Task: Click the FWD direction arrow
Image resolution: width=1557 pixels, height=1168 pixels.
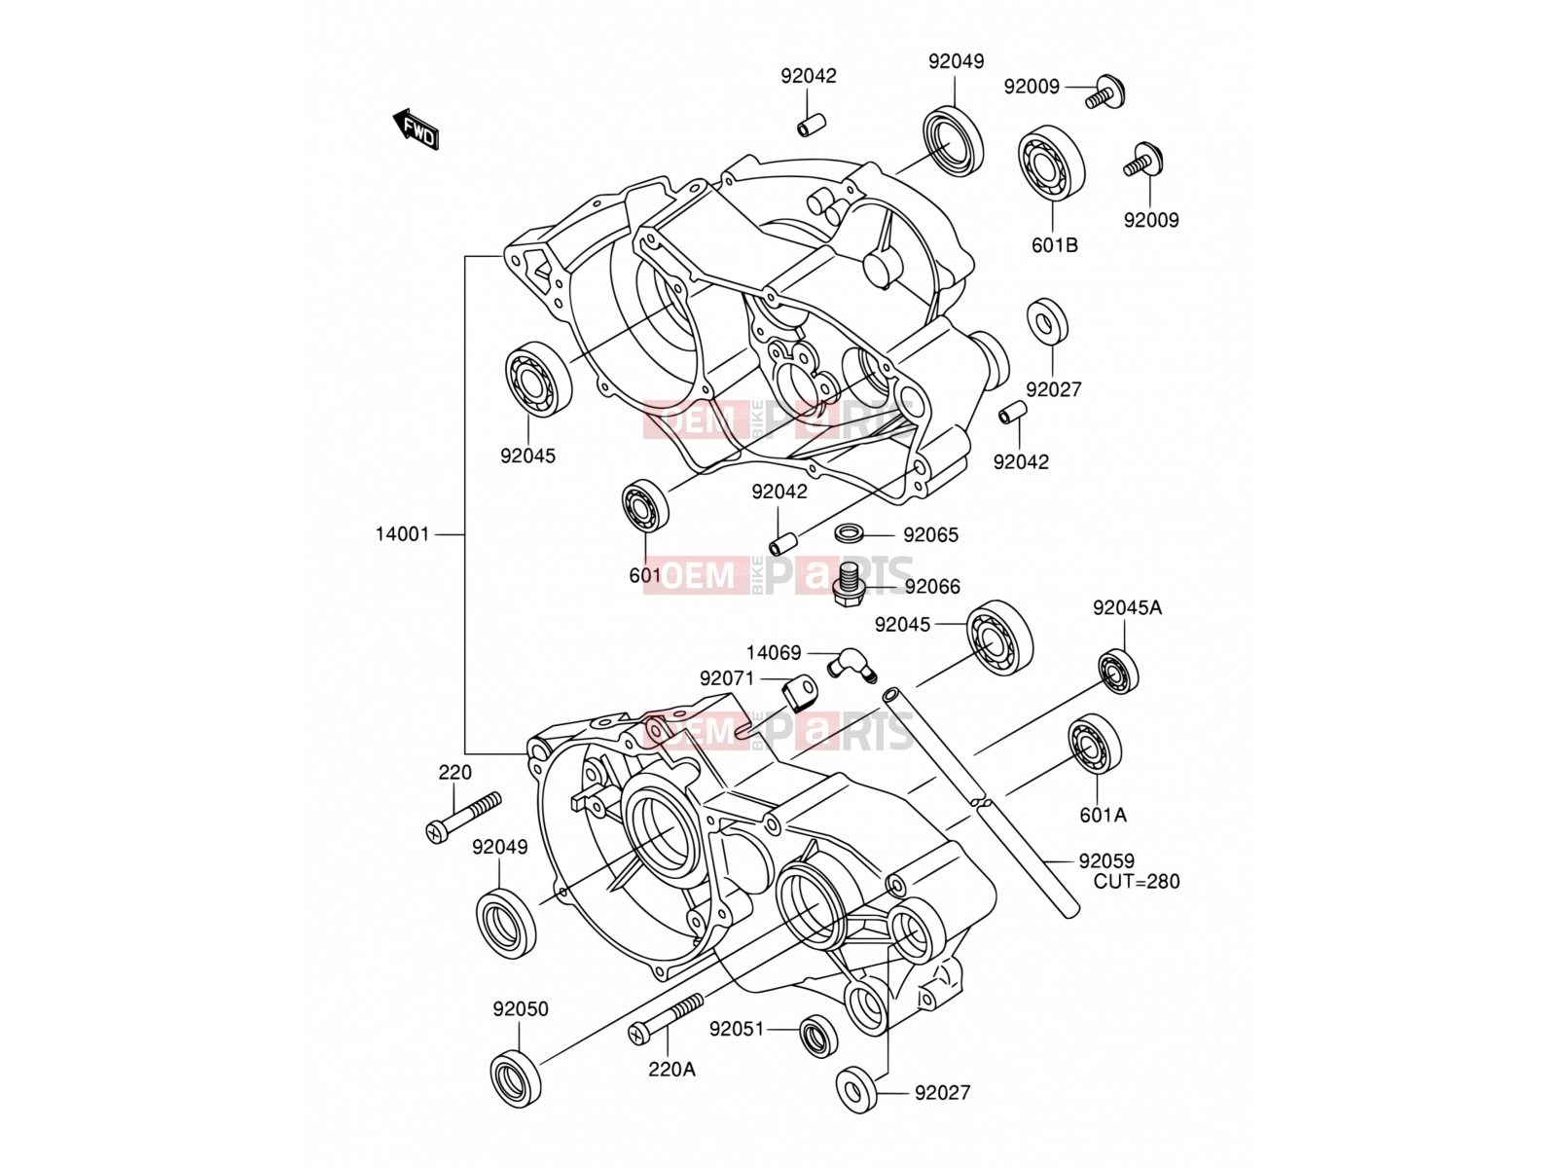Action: pyautogui.click(x=416, y=129)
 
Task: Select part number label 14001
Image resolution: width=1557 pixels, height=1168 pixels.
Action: pyautogui.click(x=402, y=534)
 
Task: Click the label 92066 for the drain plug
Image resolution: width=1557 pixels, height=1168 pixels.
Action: pyautogui.click(x=932, y=587)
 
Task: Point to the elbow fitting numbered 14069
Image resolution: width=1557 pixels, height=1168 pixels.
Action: pyautogui.click(x=851, y=667)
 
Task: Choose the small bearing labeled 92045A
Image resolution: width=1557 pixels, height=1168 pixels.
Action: pyautogui.click(x=1119, y=671)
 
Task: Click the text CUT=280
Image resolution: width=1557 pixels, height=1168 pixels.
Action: pyautogui.click(x=1137, y=882)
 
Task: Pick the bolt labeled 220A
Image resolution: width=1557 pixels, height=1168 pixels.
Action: pyautogui.click(x=666, y=1018)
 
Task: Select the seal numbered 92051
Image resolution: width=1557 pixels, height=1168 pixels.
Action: pyautogui.click(x=818, y=1036)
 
